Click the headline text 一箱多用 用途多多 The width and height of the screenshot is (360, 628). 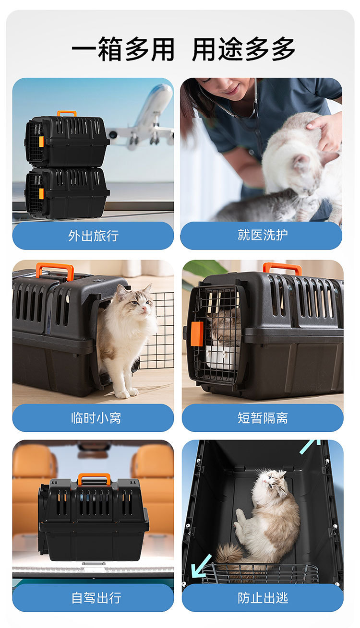click(x=183, y=49)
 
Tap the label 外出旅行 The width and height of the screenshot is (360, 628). click(x=94, y=236)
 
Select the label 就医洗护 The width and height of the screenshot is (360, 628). click(x=263, y=235)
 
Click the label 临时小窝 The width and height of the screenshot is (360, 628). click(x=96, y=418)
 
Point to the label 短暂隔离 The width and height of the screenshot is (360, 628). click(x=263, y=418)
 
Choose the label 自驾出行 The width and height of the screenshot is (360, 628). click(x=96, y=598)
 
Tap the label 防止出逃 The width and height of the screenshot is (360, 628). click(x=263, y=598)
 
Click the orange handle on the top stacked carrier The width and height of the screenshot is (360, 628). click(x=67, y=113)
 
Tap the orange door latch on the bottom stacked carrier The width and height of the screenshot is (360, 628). click(x=42, y=193)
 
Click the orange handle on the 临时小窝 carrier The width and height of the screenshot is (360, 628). click(x=55, y=271)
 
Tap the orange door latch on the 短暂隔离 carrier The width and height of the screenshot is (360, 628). click(x=197, y=333)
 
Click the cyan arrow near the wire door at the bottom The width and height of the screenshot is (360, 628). click(x=202, y=566)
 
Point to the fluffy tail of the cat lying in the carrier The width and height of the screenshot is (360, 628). click(x=233, y=555)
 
